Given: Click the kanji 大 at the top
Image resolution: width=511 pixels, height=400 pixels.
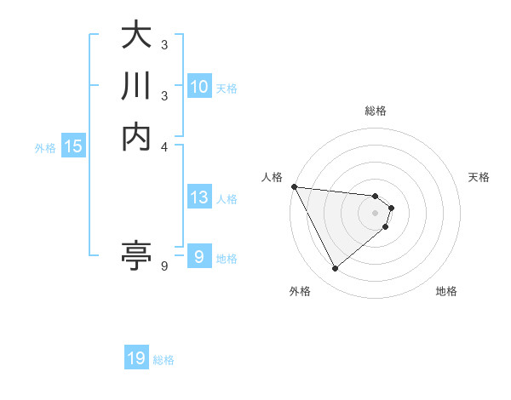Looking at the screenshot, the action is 136,38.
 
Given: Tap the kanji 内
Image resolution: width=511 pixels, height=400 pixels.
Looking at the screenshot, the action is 136,136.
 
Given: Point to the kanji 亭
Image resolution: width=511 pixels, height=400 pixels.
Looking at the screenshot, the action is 136,254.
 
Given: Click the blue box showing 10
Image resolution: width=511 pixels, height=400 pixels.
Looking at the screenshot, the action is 198,87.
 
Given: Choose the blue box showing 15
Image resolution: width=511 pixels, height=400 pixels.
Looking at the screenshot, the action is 73,146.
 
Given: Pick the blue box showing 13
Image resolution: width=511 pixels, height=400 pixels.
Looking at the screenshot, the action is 198,198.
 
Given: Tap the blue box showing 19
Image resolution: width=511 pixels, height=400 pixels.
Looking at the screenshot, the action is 136,359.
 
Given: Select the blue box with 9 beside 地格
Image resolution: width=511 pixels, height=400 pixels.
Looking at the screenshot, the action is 198,257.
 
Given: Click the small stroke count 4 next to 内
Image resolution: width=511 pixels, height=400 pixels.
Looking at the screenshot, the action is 164,146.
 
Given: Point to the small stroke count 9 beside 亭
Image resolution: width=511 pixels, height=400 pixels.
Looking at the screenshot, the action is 164,266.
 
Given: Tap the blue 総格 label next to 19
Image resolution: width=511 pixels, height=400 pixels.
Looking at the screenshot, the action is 164,360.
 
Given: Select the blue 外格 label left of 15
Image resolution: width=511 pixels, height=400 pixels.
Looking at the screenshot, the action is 45,147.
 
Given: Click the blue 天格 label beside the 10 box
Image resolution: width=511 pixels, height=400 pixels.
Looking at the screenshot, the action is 227,88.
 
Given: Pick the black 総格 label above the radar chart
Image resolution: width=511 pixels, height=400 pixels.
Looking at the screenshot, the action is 375,111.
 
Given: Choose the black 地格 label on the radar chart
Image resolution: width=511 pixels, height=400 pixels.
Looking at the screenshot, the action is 446,291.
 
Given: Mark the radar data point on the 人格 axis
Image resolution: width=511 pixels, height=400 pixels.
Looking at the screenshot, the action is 294,186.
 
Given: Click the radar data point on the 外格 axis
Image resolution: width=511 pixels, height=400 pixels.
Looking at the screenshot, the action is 335,269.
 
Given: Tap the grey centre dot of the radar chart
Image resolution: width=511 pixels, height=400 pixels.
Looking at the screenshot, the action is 375,212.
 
